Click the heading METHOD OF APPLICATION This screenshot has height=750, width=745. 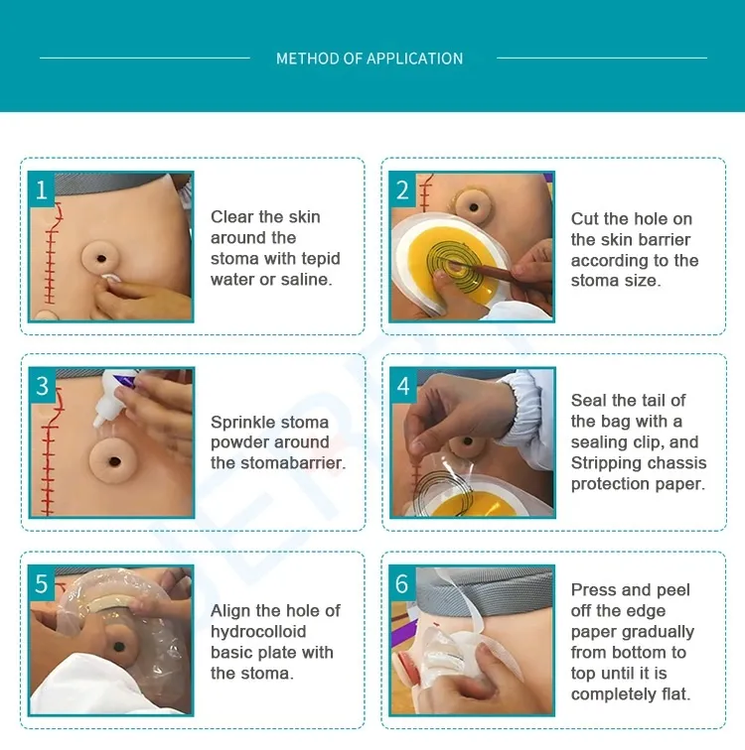370,59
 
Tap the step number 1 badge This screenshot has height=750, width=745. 42,189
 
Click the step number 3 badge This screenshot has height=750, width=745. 42,386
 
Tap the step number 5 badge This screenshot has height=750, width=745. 42,583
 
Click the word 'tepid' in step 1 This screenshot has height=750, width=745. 319,259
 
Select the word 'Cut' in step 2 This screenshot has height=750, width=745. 585,218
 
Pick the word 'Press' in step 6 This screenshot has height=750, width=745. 594,589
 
